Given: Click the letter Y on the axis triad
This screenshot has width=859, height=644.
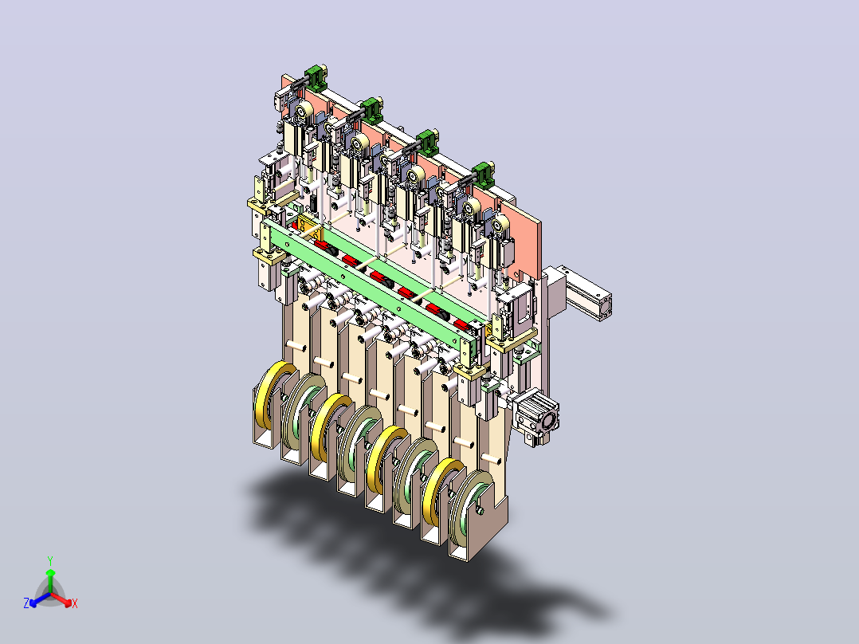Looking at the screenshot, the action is (x=50, y=560).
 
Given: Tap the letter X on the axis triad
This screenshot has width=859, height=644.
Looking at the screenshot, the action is (x=75, y=603).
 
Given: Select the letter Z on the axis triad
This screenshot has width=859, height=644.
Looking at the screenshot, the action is (x=26, y=603).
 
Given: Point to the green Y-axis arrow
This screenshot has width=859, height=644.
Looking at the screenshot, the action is (x=50, y=580).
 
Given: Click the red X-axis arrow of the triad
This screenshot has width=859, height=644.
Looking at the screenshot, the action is (x=61, y=599).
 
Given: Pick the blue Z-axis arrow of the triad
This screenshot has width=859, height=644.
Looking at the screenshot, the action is (x=40, y=599).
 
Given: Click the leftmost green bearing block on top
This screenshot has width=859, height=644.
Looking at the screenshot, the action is (x=316, y=78).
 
